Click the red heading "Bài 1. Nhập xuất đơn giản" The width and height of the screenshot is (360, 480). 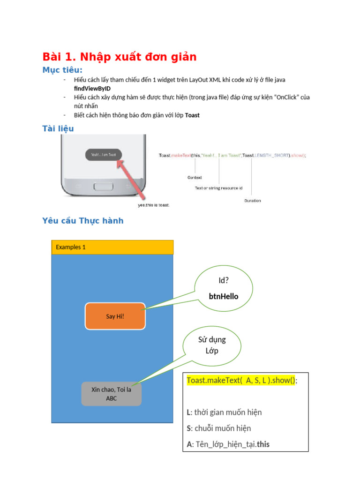coord(120,57)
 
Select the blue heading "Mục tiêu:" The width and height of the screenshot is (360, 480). coord(62,70)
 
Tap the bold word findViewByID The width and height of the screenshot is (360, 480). coord(92,89)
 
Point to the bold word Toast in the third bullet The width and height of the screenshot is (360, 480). coord(192,115)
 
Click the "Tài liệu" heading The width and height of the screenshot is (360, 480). coord(58,128)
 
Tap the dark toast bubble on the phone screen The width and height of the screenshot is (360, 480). coord(104,155)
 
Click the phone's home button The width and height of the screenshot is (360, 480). coord(104,186)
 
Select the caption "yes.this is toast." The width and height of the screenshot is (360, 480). coord(153,205)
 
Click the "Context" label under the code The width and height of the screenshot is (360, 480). coord(195,178)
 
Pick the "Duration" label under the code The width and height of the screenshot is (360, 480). coord(253,201)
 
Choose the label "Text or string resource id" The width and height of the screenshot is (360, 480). coord(218,188)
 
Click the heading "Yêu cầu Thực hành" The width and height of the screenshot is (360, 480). coord(83,221)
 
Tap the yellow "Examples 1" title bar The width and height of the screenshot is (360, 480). coord(112,247)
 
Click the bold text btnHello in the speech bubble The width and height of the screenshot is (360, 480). coord(224,296)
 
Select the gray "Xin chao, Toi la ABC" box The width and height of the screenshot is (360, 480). coord(111,394)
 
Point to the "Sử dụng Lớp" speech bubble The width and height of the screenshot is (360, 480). coord(212,345)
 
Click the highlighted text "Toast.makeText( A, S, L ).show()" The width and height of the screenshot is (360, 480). coord(241,380)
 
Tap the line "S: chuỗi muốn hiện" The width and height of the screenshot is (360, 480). coord(218,428)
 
